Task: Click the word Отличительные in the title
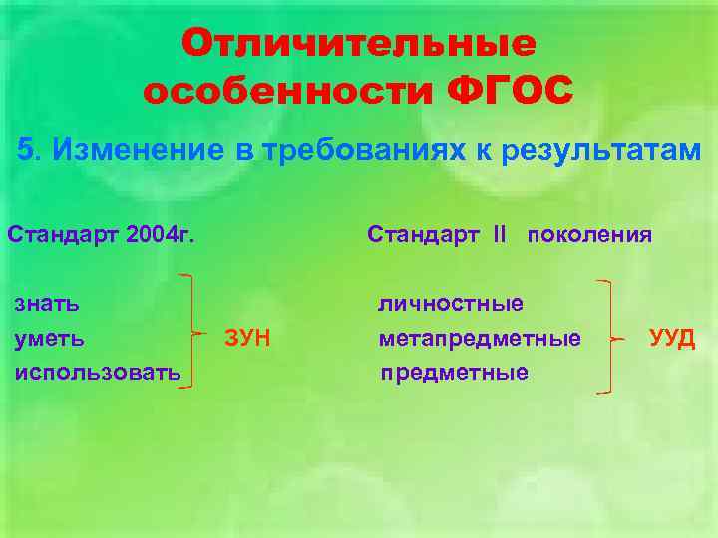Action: pos(359,44)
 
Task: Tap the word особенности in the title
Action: pos(287,92)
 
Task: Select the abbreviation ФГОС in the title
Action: pos(510,92)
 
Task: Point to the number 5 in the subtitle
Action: pos(27,150)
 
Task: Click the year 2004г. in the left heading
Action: pos(161,235)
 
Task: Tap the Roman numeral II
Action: pos(499,235)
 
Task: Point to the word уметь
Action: pos(49,338)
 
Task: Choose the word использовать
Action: pos(97,372)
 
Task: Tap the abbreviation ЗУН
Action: pos(248,338)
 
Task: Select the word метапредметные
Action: pos(480,338)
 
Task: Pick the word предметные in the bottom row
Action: pos(455,372)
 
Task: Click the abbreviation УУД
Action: pos(672,338)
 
